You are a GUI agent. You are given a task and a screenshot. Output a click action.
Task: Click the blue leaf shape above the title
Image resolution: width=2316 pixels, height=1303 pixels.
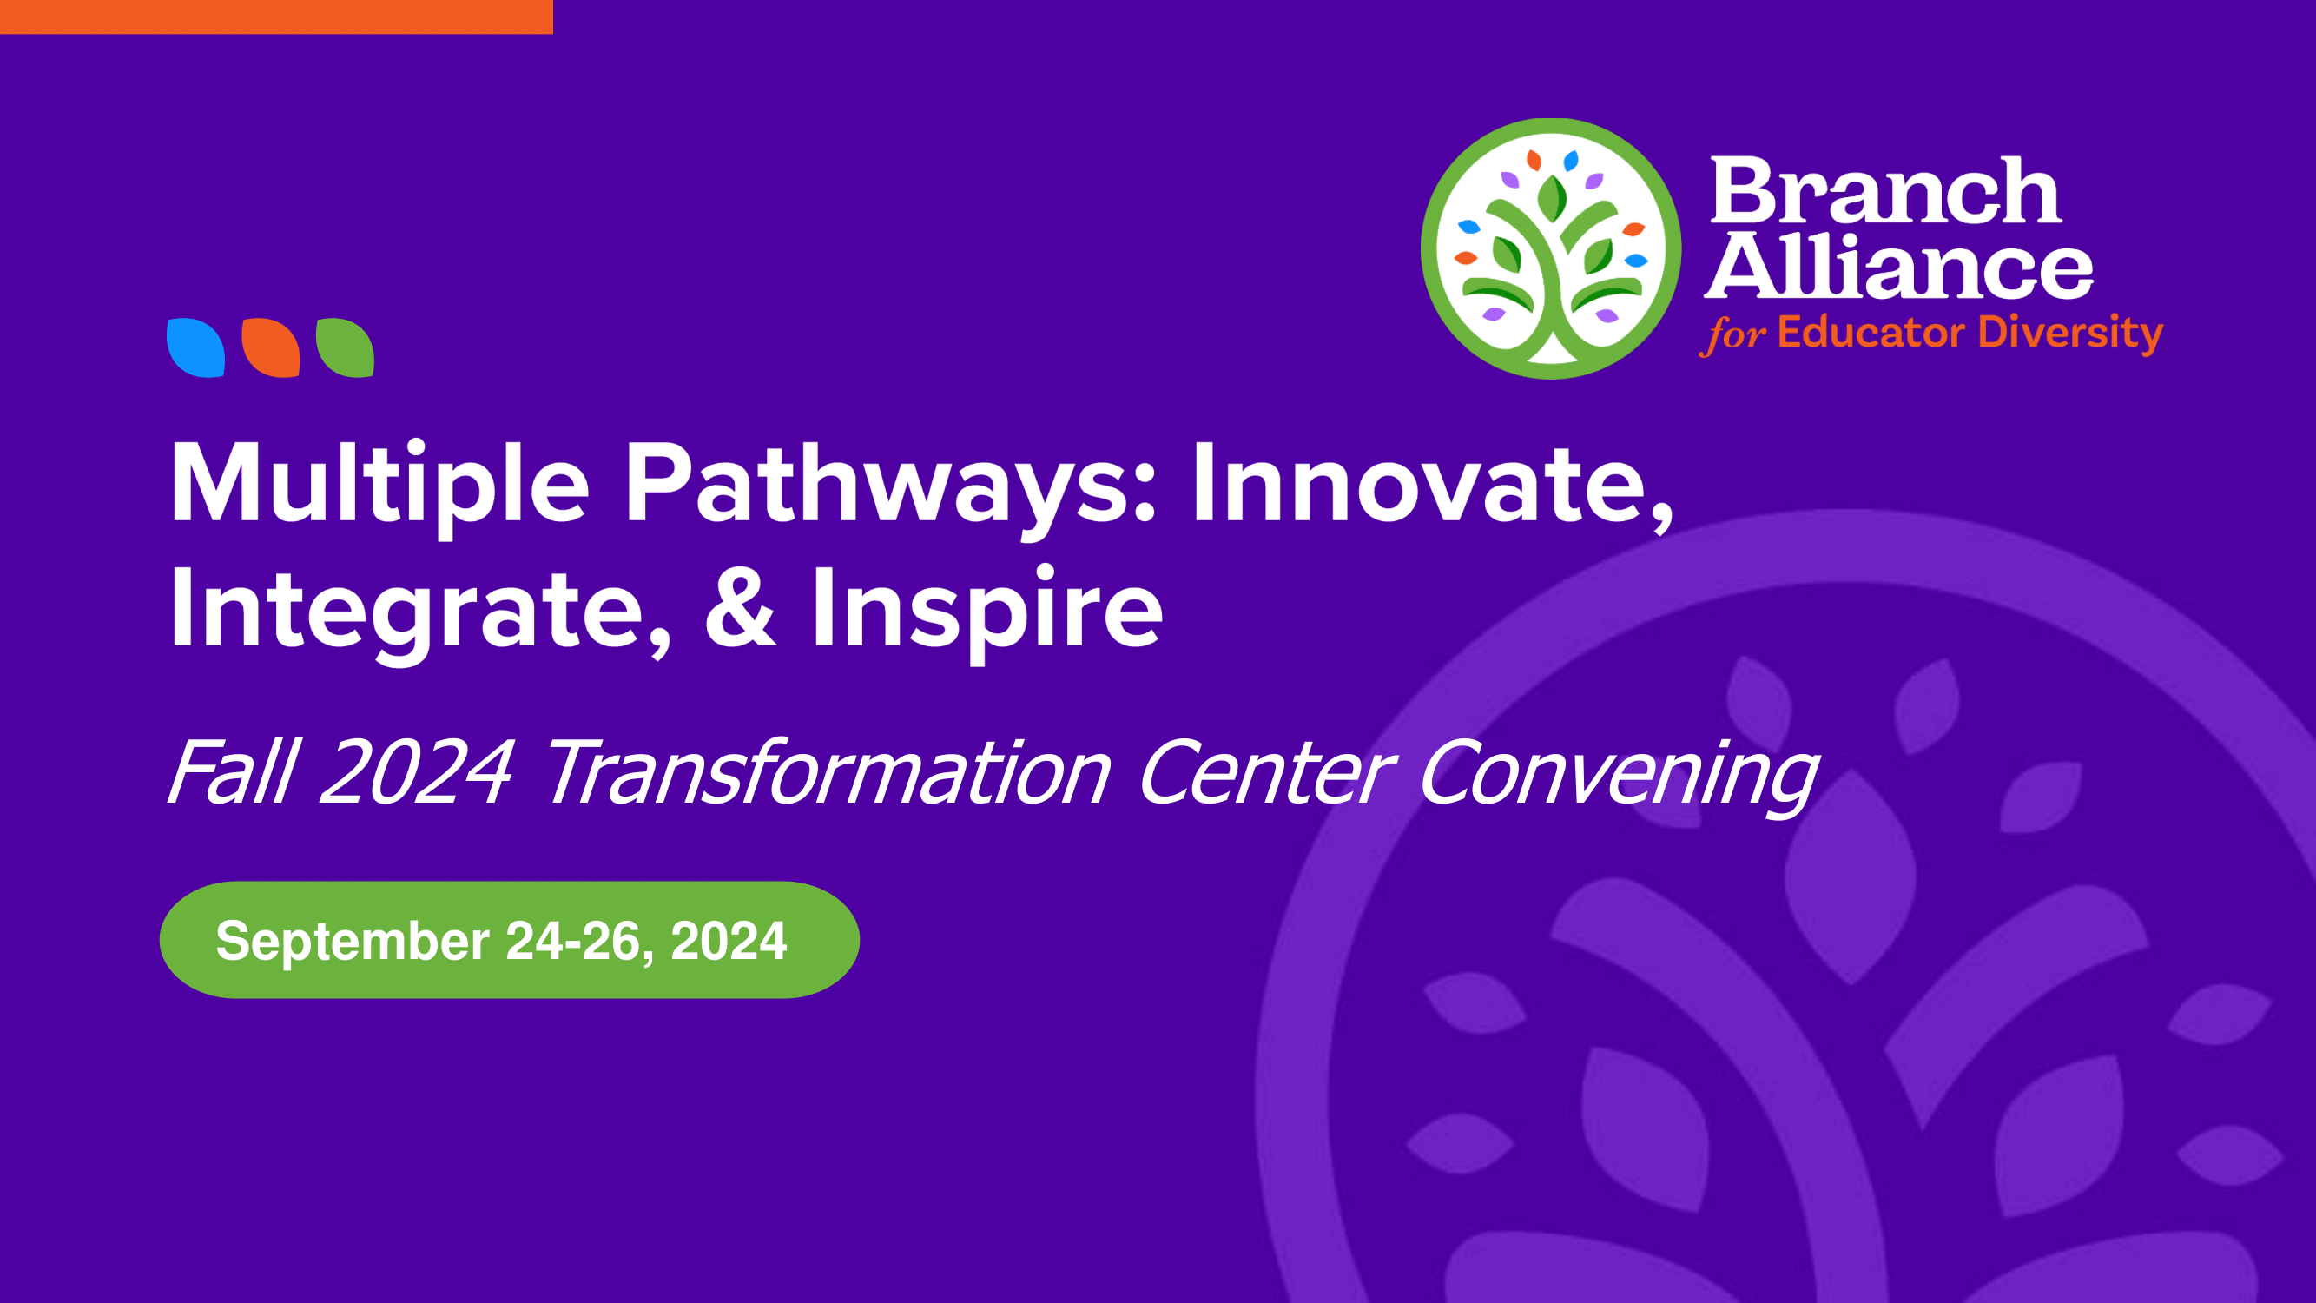coord(196,347)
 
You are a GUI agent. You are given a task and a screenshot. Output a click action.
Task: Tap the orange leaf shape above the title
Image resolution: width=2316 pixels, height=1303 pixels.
coord(271,347)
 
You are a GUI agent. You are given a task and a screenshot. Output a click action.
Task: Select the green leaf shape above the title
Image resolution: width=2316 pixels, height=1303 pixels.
coord(346,347)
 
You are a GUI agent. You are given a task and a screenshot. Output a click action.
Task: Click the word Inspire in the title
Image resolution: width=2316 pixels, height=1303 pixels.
coord(987,612)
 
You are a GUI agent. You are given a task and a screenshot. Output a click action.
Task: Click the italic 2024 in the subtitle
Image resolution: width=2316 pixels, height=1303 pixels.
coord(416,771)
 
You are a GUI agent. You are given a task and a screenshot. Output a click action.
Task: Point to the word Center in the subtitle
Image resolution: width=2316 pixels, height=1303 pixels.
coord(1267,771)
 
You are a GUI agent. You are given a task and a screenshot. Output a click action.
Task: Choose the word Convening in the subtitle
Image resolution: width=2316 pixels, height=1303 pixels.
coord(1619,775)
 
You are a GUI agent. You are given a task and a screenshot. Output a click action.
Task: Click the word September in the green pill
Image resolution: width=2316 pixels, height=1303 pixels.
coord(353,943)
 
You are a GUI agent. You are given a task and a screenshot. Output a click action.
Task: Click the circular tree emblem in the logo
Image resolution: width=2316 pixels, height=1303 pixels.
coord(1551,248)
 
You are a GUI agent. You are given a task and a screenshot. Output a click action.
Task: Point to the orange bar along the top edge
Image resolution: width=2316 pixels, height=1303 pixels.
coord(276,17)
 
